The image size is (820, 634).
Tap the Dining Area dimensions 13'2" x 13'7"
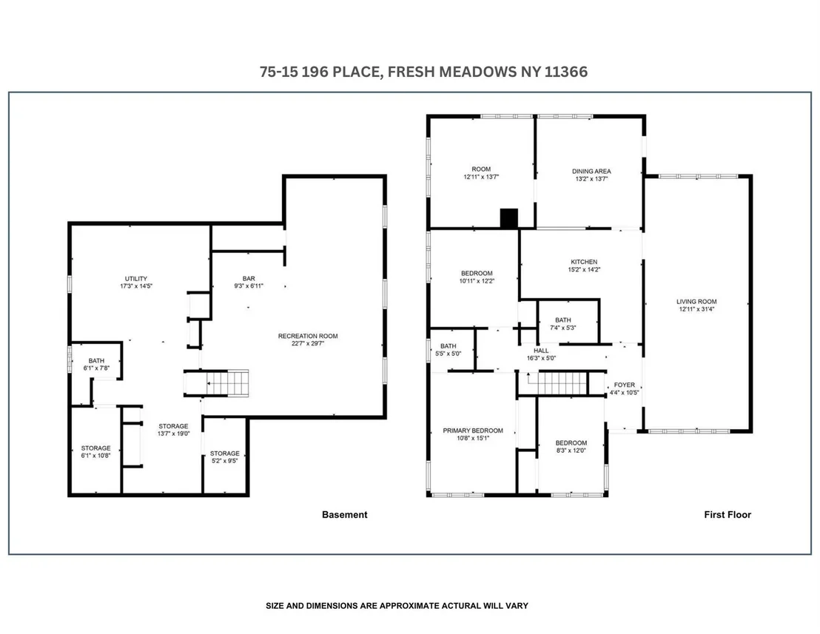[x=591, y=179]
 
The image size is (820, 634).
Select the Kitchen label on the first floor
[x=584, y=262]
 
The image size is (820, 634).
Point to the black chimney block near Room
[x=509, y=218]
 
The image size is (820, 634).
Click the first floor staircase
[x=562, y=383]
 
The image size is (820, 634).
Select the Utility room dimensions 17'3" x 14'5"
[x=136, y=286]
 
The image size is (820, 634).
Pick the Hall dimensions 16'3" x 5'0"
[x=541, y=359]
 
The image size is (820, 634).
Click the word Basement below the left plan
[x=345, y=515]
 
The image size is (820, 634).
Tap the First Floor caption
[x=727, y=515]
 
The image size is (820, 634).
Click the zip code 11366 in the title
[x=566, y=72]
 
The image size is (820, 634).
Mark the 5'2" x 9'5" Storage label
[x=225, y=457]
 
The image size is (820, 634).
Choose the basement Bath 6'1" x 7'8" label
[x=96, y=364]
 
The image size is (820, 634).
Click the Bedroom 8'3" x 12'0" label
[x=571, y=446]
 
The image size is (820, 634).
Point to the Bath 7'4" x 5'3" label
[x=562, y=324]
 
